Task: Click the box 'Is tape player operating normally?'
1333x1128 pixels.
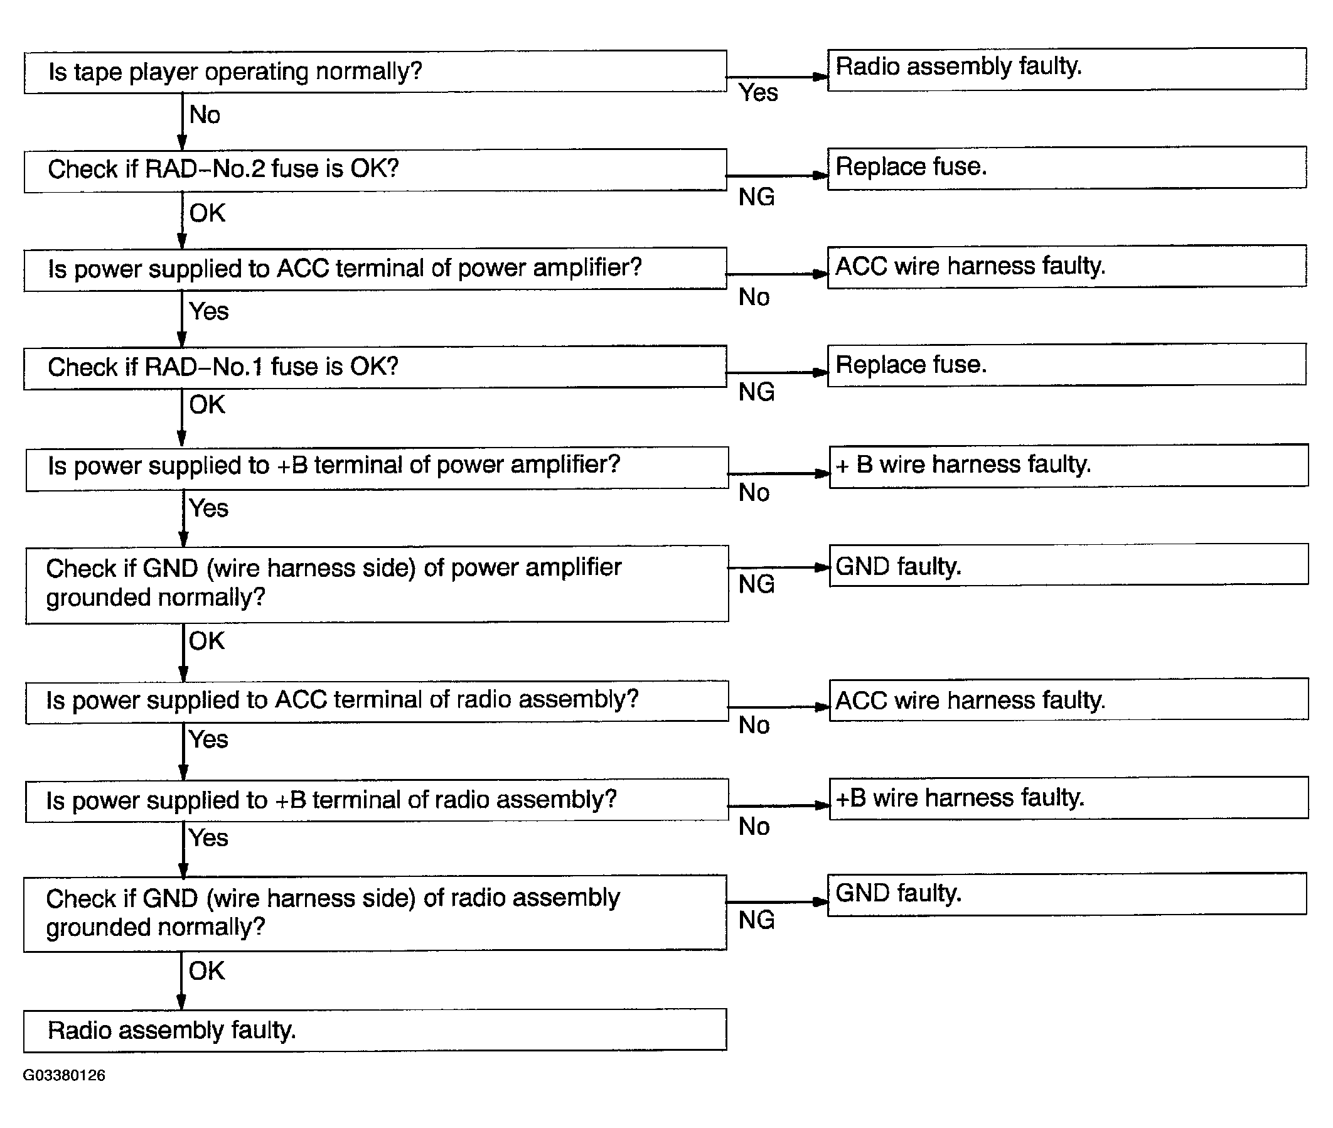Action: coord(375,72)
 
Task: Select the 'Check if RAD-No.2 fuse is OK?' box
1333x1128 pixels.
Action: coord(375,170)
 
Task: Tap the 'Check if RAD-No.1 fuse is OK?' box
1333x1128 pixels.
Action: coord(375,367)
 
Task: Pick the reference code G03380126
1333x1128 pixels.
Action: coord(64,1075)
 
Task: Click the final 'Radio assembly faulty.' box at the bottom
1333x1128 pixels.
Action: coord(375,1030)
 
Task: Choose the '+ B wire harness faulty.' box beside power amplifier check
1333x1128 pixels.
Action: coord(1068,466)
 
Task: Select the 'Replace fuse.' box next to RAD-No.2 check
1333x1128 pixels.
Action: coord(1066,168)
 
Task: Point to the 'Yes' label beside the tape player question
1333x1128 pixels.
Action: coord(758,94)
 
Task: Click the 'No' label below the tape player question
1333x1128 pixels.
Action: coord(205,115)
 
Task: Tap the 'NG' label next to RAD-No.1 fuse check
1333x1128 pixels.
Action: coord(756,392)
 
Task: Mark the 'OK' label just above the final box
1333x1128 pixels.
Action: coord(206,970)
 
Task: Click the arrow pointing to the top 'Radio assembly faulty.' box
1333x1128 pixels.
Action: coord(777,77)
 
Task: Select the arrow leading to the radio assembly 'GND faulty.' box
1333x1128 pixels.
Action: coord(777,901)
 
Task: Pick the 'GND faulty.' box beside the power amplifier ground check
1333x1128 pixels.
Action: coord(1068,565)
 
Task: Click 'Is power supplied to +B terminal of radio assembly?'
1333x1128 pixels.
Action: coord(377,800)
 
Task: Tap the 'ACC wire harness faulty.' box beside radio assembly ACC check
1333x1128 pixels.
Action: coord(1068,700)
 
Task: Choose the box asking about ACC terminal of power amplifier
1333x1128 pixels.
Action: coord(375,269)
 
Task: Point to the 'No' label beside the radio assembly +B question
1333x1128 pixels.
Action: coord(754,827)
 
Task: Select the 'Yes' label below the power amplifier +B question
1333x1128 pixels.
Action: coord(208,508)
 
